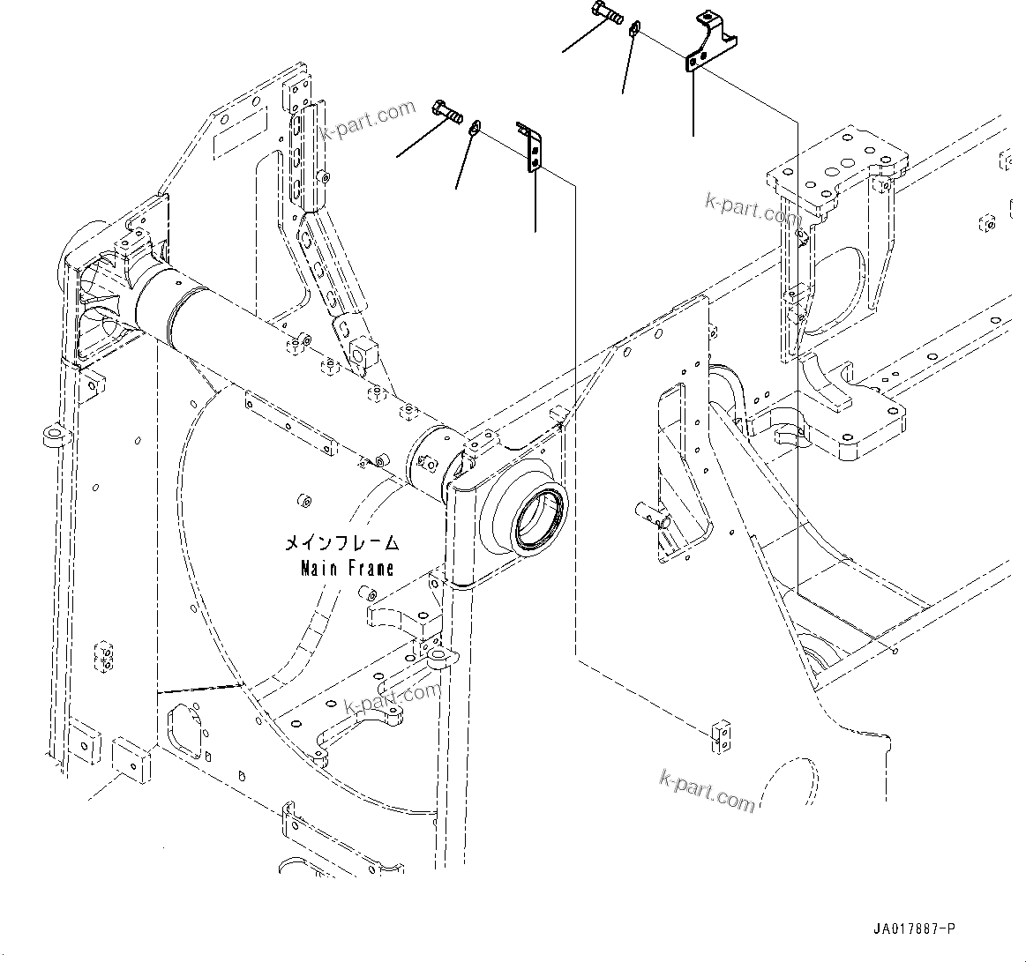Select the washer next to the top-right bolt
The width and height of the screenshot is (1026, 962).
634,31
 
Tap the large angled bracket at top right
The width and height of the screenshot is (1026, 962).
710,43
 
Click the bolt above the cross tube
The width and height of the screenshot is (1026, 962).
447,112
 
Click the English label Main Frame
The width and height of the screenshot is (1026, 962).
347,568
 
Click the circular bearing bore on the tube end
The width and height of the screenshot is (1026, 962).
538,518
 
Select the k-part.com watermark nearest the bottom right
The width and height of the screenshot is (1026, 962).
707,789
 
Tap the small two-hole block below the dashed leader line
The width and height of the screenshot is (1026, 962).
720,735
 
